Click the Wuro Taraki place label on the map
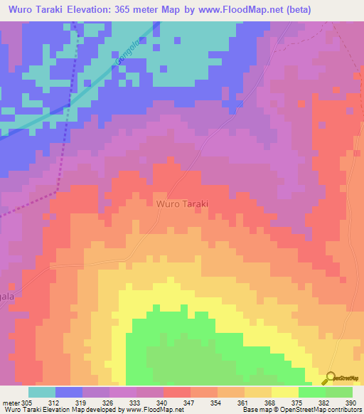181,203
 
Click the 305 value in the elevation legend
28,403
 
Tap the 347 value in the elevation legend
169,403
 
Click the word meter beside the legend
10,403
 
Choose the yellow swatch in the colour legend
284,392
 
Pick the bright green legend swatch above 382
311,392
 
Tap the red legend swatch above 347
176,392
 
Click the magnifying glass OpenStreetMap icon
330,378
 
